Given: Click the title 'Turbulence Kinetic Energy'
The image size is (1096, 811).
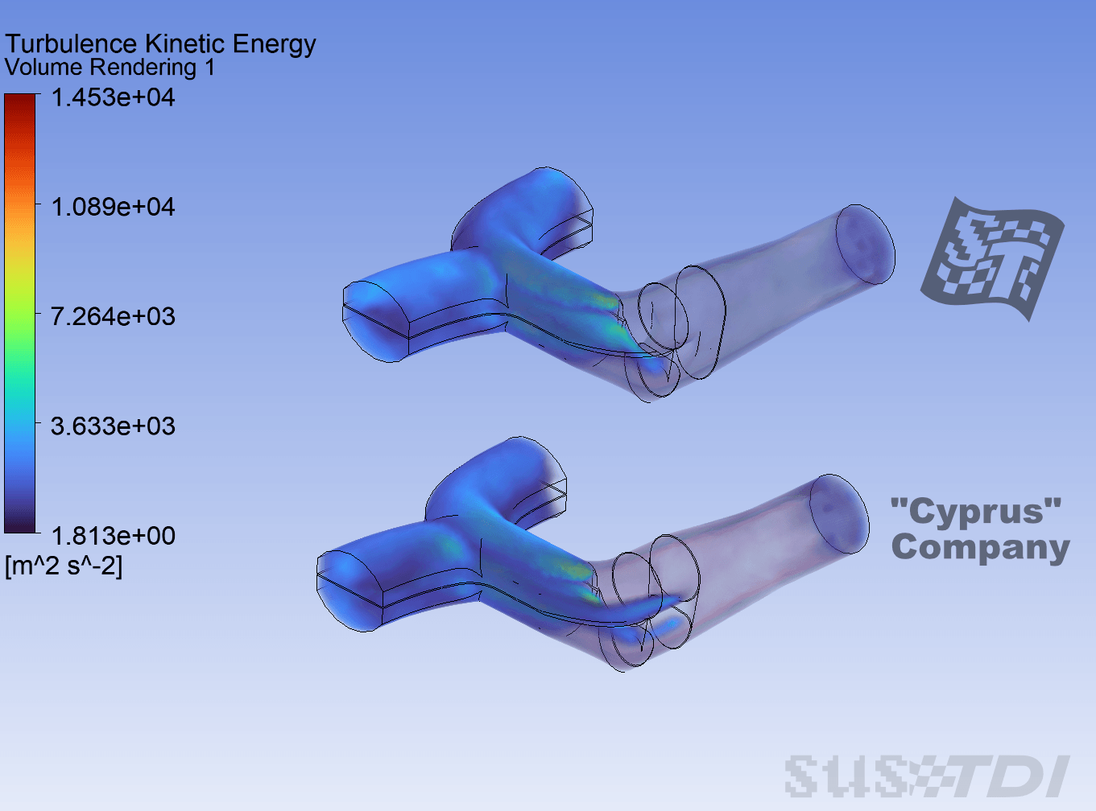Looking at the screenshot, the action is coord(160,44).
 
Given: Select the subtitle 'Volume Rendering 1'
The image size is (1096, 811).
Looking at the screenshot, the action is coord(110,67).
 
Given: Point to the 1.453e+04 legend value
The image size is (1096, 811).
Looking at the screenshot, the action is coord(114,97).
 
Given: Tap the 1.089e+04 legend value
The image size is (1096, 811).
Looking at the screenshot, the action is coord(114,207).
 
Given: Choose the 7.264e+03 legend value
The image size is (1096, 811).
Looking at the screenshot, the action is coord(114,316).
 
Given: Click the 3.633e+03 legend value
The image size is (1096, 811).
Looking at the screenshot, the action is coord(114,426).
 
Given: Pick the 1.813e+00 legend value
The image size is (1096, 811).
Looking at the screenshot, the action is coord(114,535).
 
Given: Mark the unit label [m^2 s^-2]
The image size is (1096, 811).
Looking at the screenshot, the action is coord(64,566).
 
